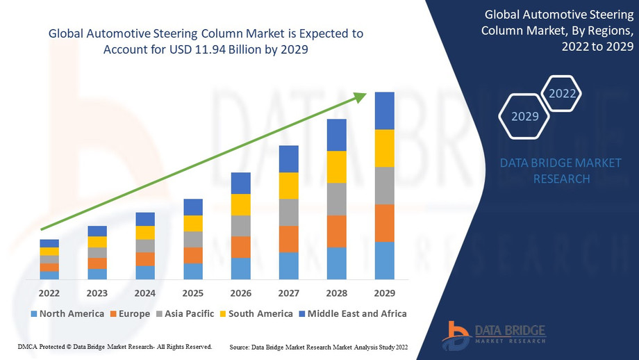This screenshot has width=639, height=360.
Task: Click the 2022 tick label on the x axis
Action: (49, 293)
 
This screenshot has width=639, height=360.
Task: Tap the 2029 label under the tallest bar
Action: (384, 293)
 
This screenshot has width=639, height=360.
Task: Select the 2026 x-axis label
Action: (240, 293)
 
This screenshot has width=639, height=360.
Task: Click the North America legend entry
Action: (67, 313)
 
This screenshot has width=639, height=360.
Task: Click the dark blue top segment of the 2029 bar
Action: (384, 111)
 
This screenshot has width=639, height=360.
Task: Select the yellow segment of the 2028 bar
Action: (336, 167)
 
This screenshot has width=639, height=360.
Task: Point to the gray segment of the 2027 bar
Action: (288, 212)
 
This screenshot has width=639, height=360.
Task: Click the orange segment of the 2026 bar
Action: (240, 247)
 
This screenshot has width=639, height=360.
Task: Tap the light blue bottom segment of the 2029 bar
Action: (384, 260)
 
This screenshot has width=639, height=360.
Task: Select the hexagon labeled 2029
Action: (525, 116)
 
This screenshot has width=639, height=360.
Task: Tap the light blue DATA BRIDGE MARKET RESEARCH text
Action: (561, 171)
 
